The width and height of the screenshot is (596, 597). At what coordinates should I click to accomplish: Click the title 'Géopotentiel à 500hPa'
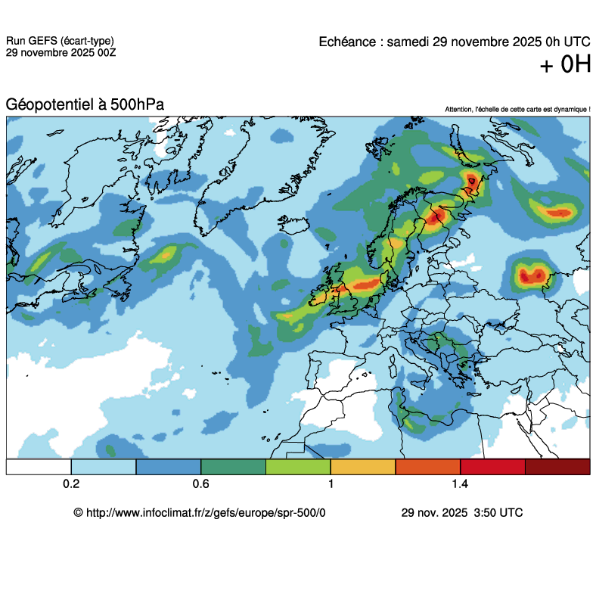(x=85, y=105)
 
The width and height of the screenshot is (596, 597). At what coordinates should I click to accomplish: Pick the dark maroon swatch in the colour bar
(x=557, y=467)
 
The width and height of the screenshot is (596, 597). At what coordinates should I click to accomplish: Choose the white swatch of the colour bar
(x=39, y=467)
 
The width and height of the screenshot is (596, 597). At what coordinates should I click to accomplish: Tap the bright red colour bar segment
(x=492, y=467)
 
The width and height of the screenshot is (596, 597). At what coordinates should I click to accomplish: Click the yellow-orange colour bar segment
(x=363, y=467)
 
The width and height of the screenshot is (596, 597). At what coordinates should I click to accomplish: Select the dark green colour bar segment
(x=233, y=467)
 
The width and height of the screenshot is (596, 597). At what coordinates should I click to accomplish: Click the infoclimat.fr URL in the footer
(x=206, y=512)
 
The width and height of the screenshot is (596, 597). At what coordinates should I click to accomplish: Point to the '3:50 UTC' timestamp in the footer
(x=497, y=512)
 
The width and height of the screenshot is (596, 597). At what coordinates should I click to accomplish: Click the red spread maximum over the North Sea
(x=367, y=285)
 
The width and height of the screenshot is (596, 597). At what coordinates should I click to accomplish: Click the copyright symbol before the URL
(x=78, y=512)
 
